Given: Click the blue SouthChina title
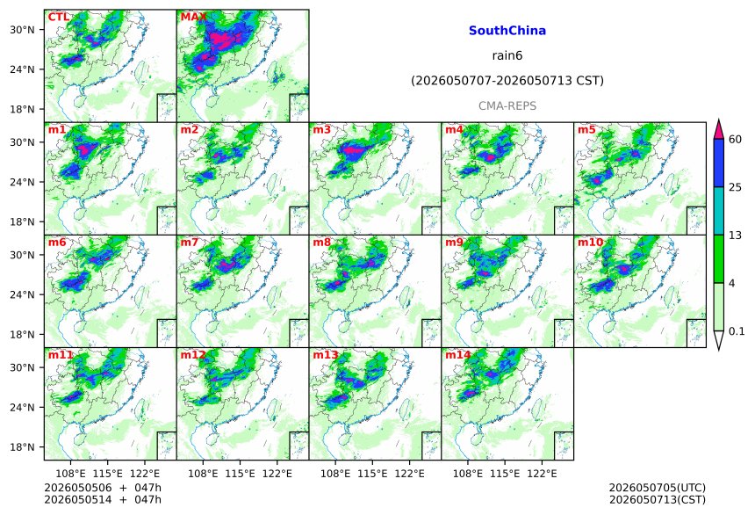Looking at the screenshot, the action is coord(507,31).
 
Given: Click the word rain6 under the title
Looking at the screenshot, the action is coord(507,55).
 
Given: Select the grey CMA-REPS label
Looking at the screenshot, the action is coord(507,105).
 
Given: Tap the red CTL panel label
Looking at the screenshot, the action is coord(59,17).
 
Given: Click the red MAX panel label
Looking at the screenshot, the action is coord(193,17).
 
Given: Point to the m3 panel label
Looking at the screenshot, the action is coord(321,130).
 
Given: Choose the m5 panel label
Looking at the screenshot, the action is coord(586,130).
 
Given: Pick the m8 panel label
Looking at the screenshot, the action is coord(321,242).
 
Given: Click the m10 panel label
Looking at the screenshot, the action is coord(590,242).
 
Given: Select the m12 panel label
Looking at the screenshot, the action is coord(193,355).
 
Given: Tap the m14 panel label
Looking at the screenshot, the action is coord(458,355).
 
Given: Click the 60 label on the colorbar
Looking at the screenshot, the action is coord(736,140).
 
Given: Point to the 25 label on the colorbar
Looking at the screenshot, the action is coord(736,187).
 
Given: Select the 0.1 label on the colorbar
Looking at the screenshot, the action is coord(737,331).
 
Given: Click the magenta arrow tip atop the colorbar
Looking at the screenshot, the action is coord(719,120).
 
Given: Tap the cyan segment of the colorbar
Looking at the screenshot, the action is coord(719,211).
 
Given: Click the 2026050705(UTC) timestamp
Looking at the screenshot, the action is coord(658,488).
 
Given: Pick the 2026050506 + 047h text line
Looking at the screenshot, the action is coord(103,488).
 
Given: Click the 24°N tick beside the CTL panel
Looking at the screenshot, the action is coord(22,69).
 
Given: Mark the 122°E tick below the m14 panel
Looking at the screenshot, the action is coord(542,474).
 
